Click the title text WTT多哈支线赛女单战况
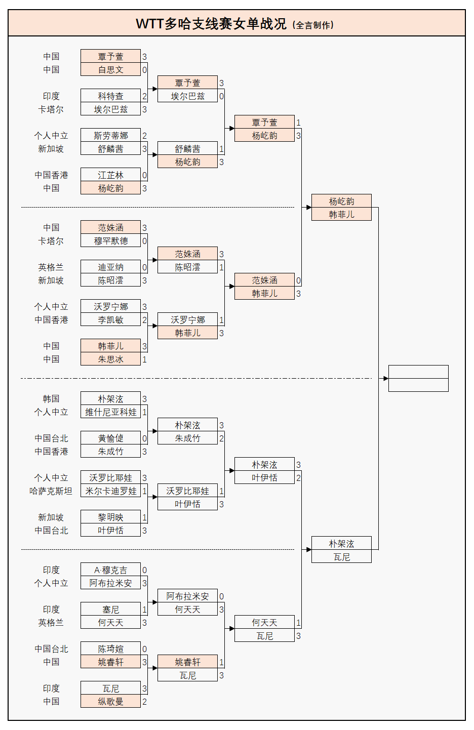click(x=211, y=24)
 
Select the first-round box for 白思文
click(x=110, y=70)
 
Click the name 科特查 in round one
click(x=110, y=96)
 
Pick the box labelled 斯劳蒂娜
click(x=110, y=136)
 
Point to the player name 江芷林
click(x=110, y=175)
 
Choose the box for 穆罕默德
click(x=110, y=241)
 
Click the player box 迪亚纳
click(x=110, y=267)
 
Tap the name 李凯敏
click(x=110, y=320)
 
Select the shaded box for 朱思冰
click(x=110, y=359)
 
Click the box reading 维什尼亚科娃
click(x=110, y=412)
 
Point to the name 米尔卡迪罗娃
click(x=110, y=491)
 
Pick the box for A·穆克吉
click(x=110, y=570)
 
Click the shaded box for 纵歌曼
click(x=110, y=702)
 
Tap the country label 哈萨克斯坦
click(x=51, y=491)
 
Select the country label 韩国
click(x=51, y=399)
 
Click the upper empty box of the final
click(x=418, y=372)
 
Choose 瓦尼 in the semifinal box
click(x=341, y=557)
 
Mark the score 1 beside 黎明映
click(x=144, y=517)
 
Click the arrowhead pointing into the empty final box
click(x=385, y=378)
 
